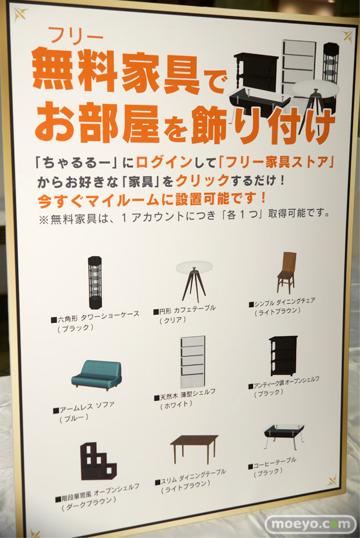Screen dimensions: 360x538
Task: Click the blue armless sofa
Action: (97, 375)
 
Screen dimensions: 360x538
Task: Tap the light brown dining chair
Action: (286, 273)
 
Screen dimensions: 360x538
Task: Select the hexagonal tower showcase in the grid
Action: (94, 283)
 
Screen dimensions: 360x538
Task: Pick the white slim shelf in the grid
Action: (193, 362)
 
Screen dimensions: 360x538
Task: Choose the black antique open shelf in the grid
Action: (283, 355)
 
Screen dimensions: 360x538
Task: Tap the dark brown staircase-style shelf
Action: (98, 461)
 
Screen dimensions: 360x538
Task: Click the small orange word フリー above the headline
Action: (76, 35)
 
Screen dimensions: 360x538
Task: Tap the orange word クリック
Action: (203, 180)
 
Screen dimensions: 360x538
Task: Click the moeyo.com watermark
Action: (311, 524)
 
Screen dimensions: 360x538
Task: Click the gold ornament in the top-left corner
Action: (21, 14)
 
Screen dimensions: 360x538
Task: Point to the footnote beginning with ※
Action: (185, 217)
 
